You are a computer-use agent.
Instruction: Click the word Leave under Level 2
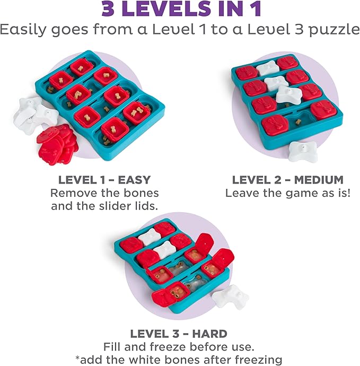[x=242, y=193]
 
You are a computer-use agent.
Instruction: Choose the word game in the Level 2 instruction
[x=294, y=193]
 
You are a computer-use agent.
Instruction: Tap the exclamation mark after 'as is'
[x=348, y=193]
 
